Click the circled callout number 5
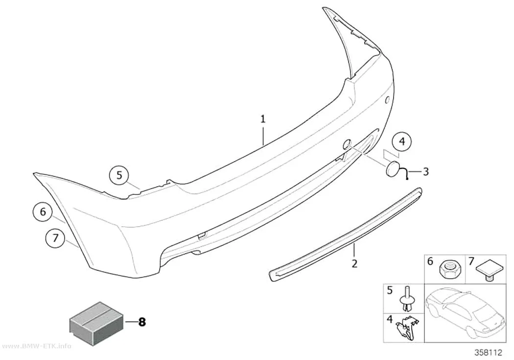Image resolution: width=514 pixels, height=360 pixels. point(119,175)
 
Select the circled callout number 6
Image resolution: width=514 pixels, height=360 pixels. point(43,212)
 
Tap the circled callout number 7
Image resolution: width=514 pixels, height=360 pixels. point(55,238)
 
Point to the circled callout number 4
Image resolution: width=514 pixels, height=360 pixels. point(402,142)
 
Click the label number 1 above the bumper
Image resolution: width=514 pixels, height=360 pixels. point(262,119)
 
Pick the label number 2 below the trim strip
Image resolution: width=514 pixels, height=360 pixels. point(354,263)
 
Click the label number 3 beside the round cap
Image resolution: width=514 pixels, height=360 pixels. point(425,171)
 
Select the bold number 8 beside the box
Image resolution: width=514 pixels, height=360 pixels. point(142,322)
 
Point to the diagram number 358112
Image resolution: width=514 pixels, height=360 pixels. point(488,353)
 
